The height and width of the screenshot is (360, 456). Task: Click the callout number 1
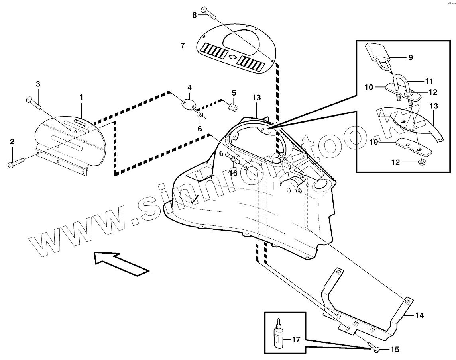pyautogui.click(x=81, y=97)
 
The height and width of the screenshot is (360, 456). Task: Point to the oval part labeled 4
pyautogui.click(x=189, y=104)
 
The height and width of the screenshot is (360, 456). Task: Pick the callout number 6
pyautogui.click(x=200, y=129)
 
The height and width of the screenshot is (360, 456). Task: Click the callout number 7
pyautogui.click(x=183, y=46)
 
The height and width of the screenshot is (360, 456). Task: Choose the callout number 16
pyautogui.click(x=233, y=173)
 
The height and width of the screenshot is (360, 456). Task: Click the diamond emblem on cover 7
pyautogui.click(x=232, y=57)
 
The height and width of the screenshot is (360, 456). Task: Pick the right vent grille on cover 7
pyautogui.click(x=250, y=62)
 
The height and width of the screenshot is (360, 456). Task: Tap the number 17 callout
pyautogui.click(x=296, y=340)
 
